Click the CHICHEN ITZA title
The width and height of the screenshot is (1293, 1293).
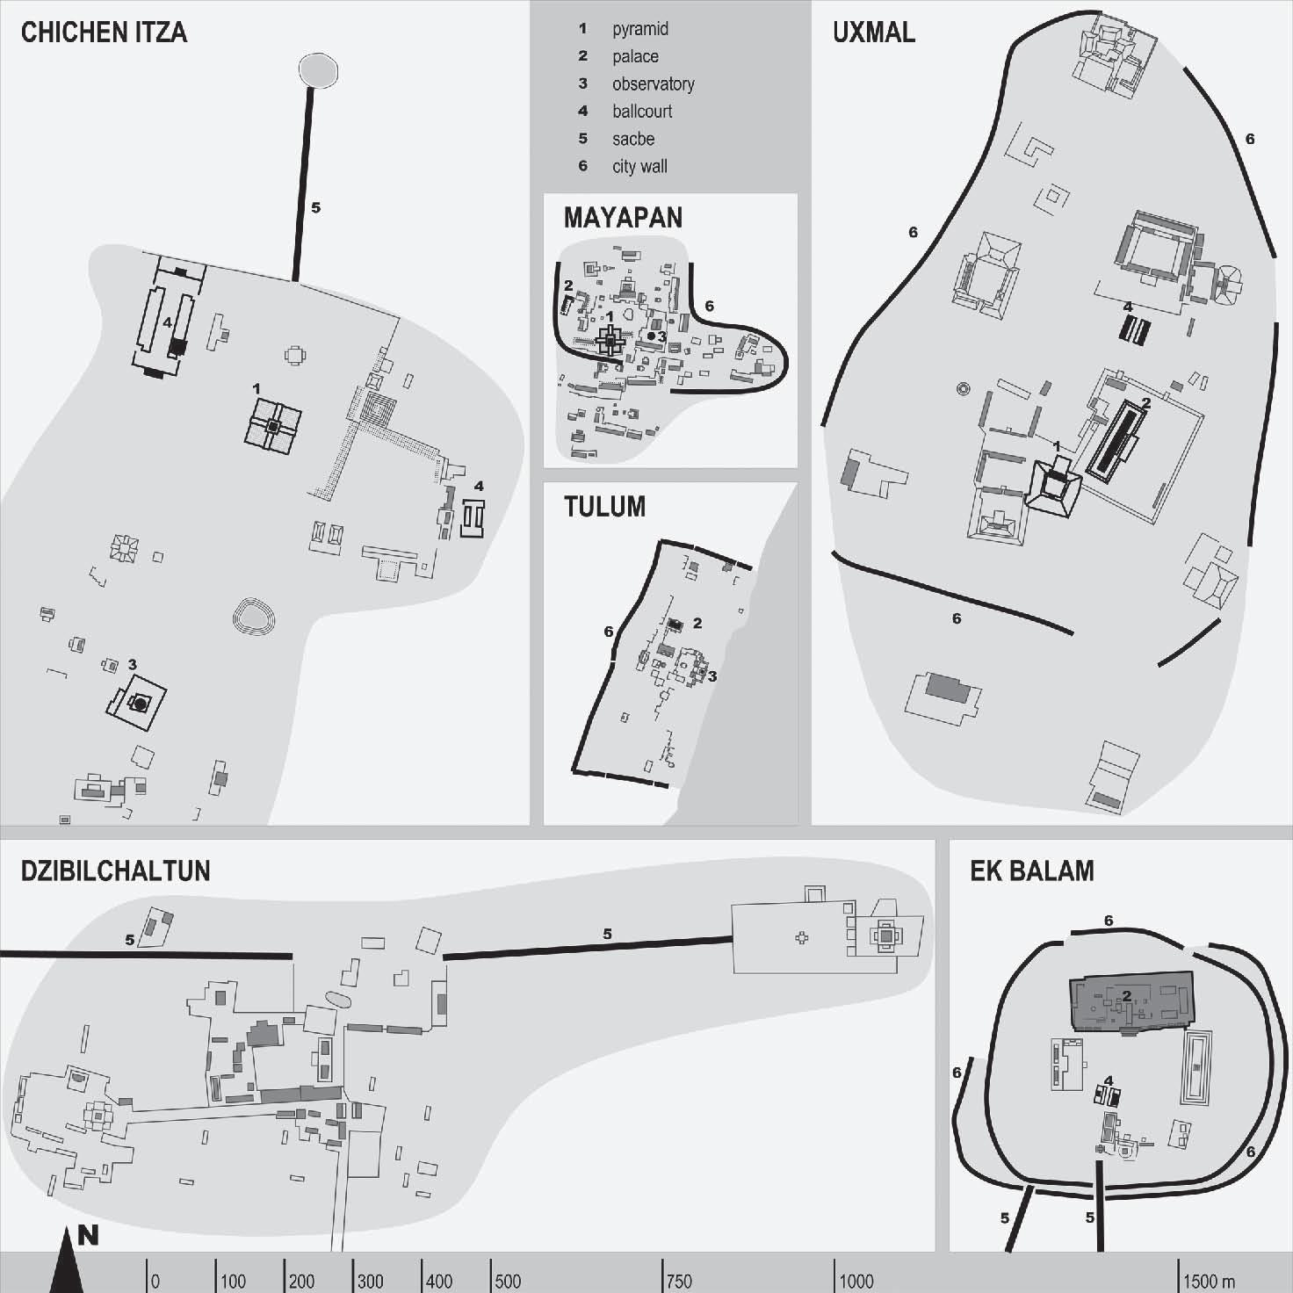(x=104, y=33)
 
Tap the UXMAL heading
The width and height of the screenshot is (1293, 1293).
(x=873, y=33)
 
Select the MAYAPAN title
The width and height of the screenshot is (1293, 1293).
(x=623, y=218)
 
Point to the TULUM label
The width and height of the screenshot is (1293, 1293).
(x=604, y=507)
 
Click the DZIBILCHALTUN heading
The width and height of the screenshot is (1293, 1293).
(x=115, y=870)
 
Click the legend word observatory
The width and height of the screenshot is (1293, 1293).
(x=653, y=84)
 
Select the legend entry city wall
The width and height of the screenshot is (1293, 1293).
(x=639, y=167)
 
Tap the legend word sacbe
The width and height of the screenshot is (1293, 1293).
(x=632, y=139)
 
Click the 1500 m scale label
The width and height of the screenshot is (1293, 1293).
(x=1209, y=1281)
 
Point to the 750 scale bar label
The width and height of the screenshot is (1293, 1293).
(x=679, y=1281)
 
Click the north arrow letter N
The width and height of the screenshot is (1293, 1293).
(x=88, y=1235)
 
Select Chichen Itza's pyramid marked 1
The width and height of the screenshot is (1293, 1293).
(x=273, y=426)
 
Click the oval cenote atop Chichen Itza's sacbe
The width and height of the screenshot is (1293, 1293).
(x=318, y=69)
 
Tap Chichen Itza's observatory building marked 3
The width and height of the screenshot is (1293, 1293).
(x=139, y=704)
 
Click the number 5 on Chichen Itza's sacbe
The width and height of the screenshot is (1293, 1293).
(x=316, y=208)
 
